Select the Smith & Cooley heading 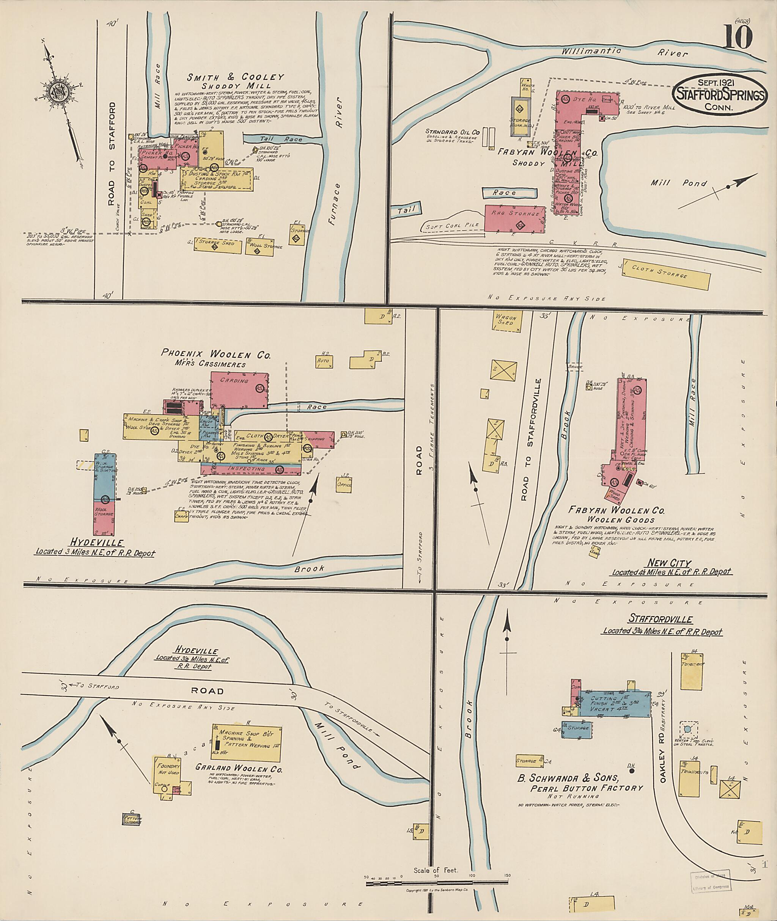click(x=235, y=77)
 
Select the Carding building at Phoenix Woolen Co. click(x=239, y=389)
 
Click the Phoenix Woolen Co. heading click(x=216, y=353)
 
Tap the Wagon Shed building click(x=506, y=320)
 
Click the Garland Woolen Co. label click(x=239, y=769)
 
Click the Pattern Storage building click(x=132, y=819)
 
